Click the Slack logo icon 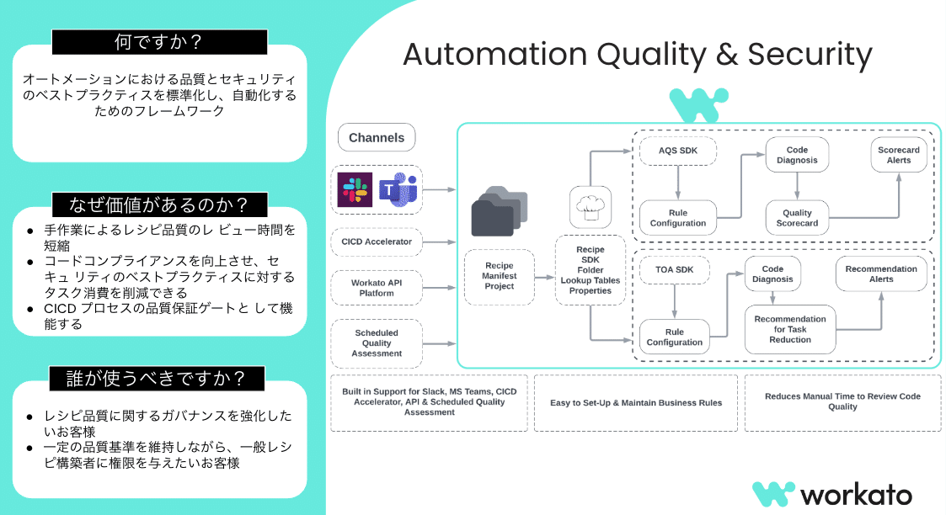click(x=355, y=189)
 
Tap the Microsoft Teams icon click(x=398, y=189)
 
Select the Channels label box click(x=377, y=138)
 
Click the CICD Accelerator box click(x=377, y=242)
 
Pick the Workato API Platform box click(x=377, y=288)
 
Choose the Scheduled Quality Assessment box click(x=377, y=342)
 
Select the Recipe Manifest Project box click(x=499, y=276)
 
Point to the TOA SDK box click(x=674, y=270)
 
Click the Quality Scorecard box click(x=797, y=218)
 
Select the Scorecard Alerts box click(x=898, y=155)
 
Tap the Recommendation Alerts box click(x=881, y=274)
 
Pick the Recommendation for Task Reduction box click(x=790, y=329)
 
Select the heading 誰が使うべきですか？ click(x=158, y=379)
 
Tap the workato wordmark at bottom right click(x=855, y=494)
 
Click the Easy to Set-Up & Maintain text click(x=635, y=403)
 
